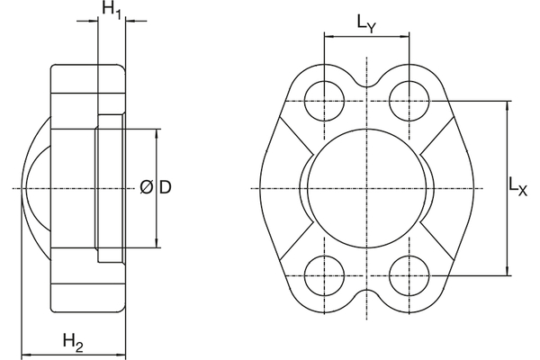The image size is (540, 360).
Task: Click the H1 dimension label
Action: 111,12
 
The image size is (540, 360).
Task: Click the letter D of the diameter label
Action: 165,187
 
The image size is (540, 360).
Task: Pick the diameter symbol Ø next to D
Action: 147,187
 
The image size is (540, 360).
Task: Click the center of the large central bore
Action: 366,187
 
